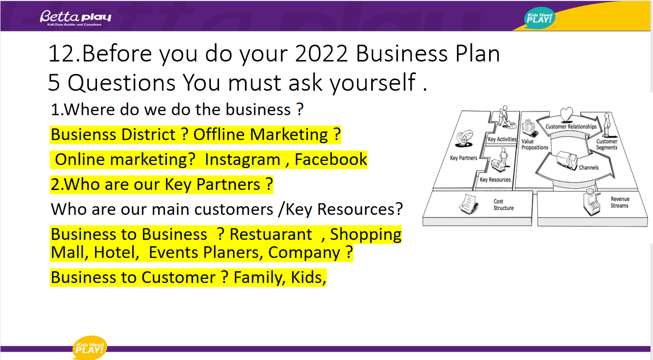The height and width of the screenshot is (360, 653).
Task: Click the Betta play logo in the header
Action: pos(76,18)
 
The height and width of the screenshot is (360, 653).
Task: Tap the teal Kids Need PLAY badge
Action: pos(540,18)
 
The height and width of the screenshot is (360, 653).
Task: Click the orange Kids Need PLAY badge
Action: pos(89,347)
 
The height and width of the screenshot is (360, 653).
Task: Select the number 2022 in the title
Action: pos(321,54)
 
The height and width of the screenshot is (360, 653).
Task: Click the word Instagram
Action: pos(243,159)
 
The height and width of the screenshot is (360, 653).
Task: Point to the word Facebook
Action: pos(330,159)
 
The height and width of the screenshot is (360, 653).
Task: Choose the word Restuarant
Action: pos(271,234)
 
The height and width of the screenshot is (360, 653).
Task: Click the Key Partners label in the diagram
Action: pos(464,158)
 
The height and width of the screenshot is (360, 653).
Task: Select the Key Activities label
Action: pos(502,139)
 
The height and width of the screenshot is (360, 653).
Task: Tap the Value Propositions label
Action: pos(535,145)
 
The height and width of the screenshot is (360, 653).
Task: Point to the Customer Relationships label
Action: pos(571,127)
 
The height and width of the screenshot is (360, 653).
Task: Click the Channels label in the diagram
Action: pos(589,167)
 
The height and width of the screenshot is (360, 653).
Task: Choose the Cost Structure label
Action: pos(503,205)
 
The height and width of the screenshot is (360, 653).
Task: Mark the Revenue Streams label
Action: pos(620,202)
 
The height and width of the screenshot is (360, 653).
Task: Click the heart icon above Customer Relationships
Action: pos(566,114)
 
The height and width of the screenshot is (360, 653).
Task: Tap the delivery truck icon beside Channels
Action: pos(567,160)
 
